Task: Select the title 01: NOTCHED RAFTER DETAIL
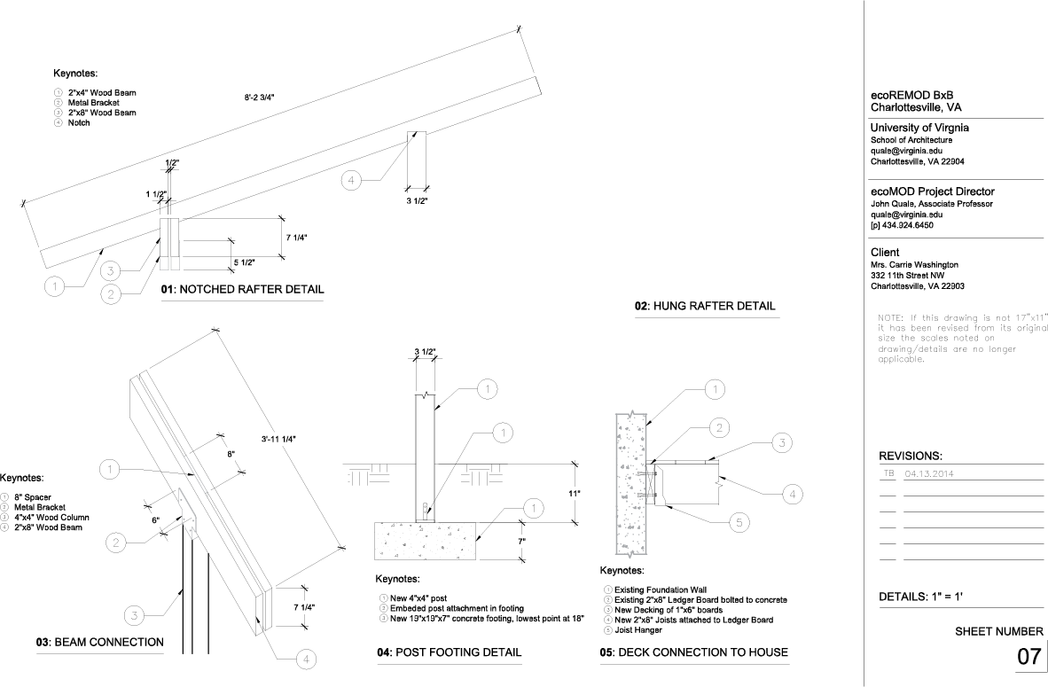coord(242,289)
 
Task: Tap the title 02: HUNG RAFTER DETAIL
coord(705,306)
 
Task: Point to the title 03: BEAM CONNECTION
coord(99,643)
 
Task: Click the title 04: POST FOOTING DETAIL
coord(449,652)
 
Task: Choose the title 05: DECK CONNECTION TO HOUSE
coord(693,652)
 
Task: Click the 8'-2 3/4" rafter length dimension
coord(259,98)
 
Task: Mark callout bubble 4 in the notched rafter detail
coord(351,181)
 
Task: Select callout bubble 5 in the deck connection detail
coord(738,523)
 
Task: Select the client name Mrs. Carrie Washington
coord(915,265)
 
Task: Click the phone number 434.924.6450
coord(909,225)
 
